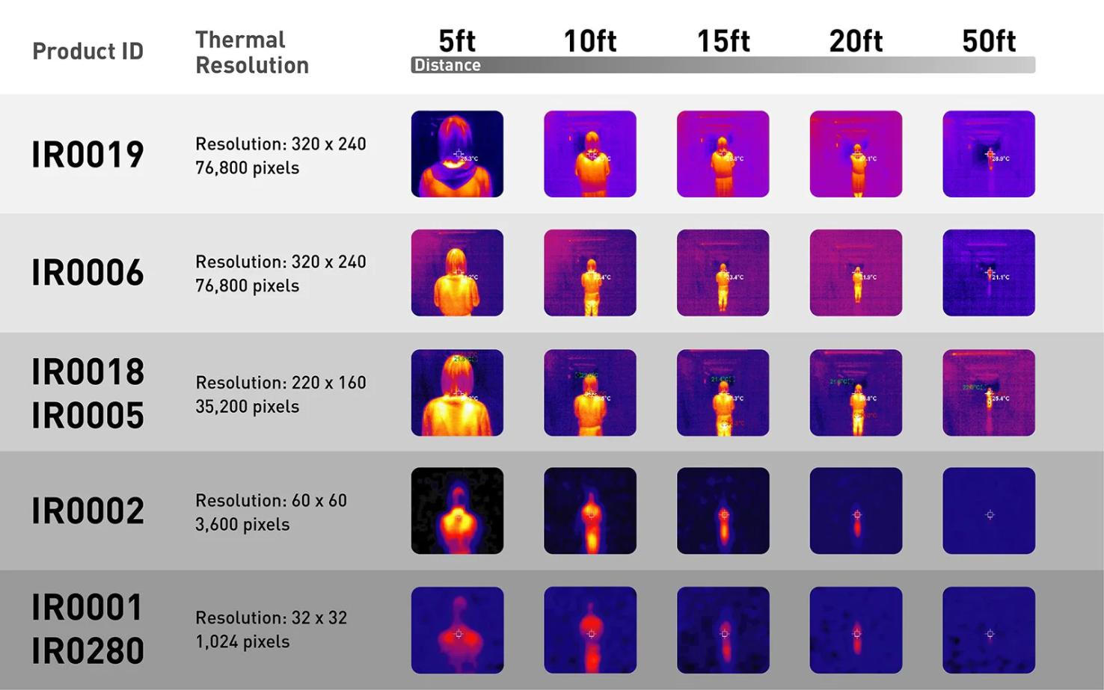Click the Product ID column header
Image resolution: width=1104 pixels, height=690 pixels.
[x=88, y=51]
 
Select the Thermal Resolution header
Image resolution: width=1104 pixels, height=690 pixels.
[x=251, y=52]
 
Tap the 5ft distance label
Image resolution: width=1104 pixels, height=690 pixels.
[x=457, y=40]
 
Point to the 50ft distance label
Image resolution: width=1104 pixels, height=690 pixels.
[x=989, y=40]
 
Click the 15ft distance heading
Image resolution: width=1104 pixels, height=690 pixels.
[x=723, y=40]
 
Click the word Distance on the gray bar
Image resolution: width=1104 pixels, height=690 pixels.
[x=447, y=65]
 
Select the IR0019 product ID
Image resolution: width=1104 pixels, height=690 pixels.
[x=88, y=155]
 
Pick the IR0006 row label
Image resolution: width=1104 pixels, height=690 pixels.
[x=88, y=273]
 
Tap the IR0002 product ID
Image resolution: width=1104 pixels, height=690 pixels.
[x=88, y=511]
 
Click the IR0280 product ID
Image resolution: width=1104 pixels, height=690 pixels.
[x=88, y=651]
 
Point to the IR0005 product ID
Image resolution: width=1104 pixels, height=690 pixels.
[x=88, y=416]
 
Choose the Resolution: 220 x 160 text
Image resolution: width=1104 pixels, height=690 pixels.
[x=280, y=383]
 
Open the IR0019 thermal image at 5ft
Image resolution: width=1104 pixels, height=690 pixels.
[x=457, y=154]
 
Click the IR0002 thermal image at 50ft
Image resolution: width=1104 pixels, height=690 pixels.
[x=989, y=511]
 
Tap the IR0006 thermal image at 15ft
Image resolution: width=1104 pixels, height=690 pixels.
[x=723, y=273]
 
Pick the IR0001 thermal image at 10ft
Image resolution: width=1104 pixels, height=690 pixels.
[x=590, y=629]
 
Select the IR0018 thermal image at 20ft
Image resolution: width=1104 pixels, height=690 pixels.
[x=856, y=392]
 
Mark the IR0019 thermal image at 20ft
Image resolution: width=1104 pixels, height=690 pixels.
[x=856, y=154]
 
